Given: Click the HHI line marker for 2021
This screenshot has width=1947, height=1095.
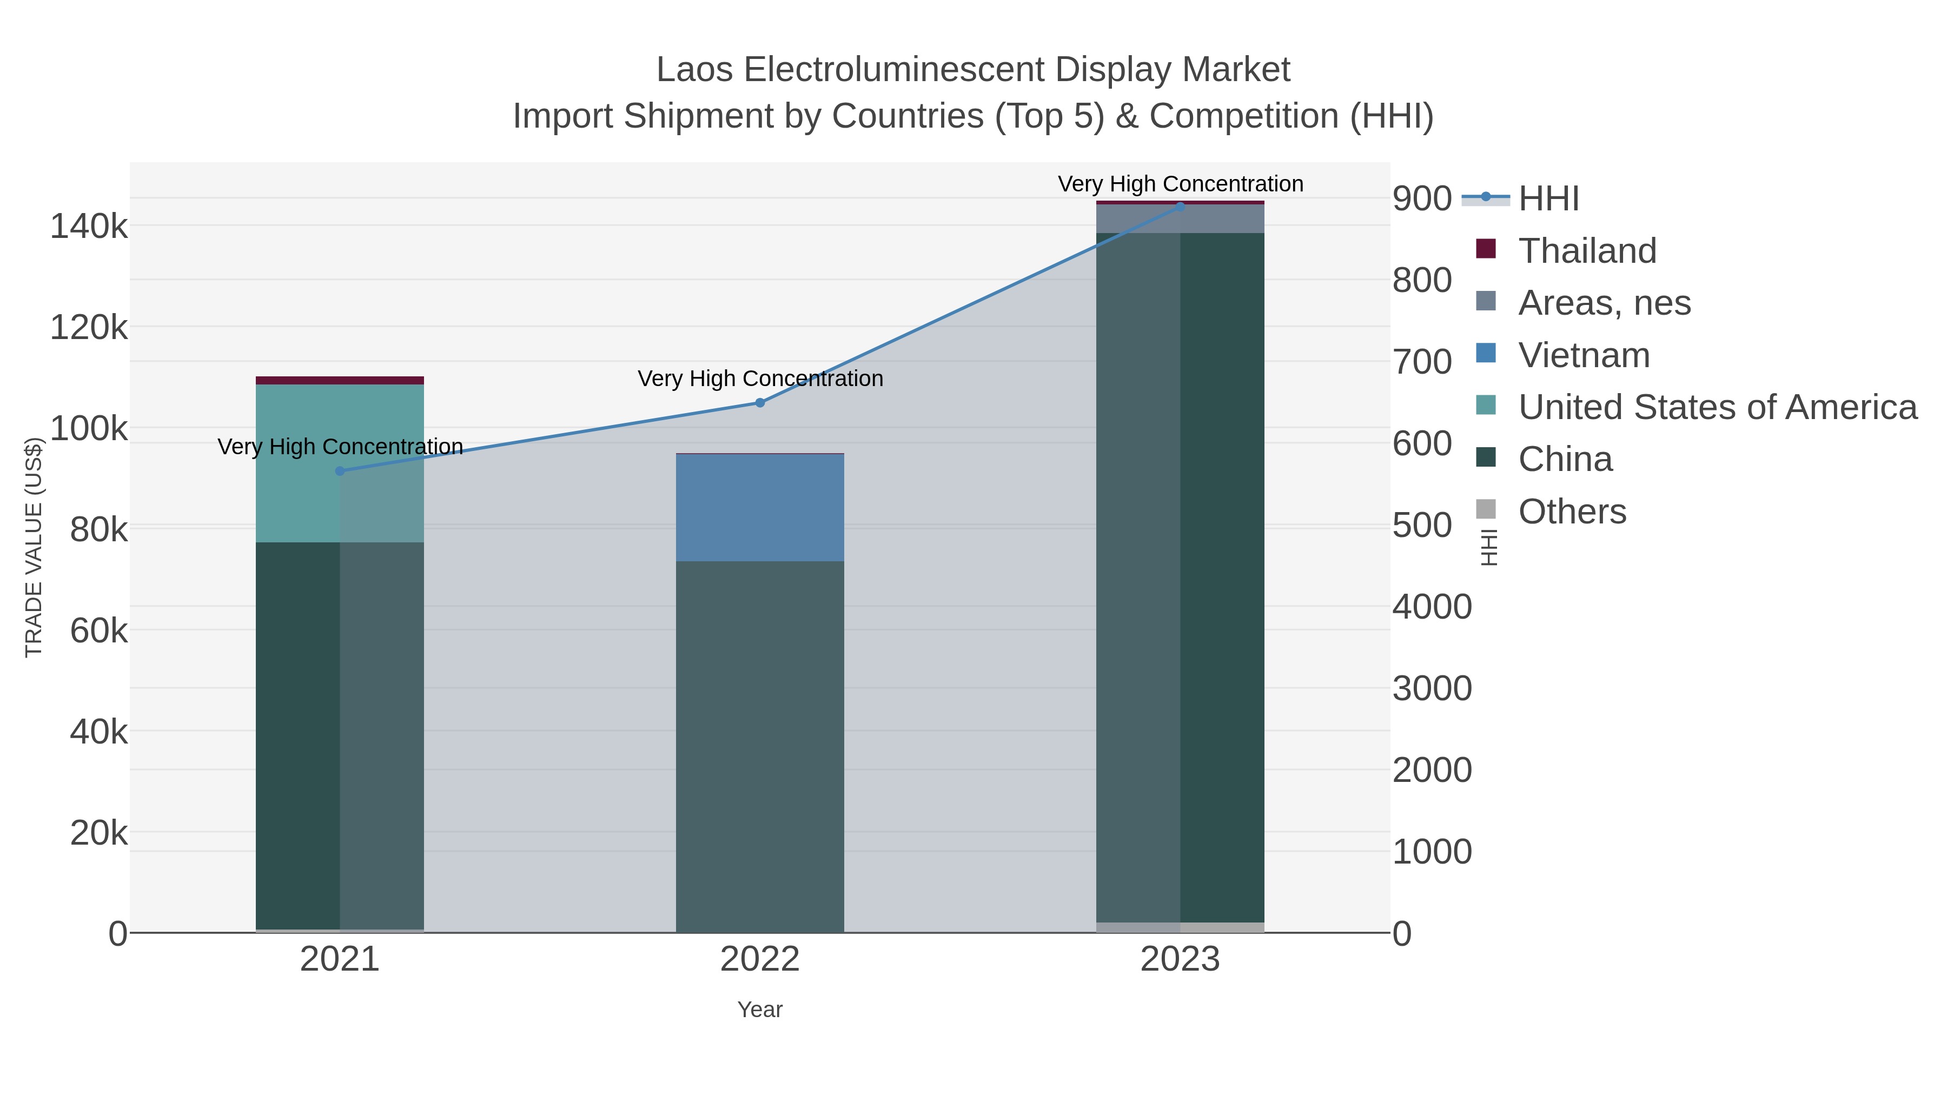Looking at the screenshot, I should tap(339, 471).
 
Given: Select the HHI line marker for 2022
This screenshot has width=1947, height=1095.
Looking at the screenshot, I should tap(760, 403).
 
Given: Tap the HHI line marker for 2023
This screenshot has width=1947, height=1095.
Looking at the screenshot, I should tap(1180, 207).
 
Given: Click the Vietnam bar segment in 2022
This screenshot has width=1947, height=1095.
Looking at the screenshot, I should tap(760, 507).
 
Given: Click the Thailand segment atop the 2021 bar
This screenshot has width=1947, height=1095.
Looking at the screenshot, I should tap(339, 380).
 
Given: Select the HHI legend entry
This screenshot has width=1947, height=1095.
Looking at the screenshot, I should tap(1548, 198).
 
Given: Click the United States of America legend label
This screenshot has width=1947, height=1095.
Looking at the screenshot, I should tap(1717, 407).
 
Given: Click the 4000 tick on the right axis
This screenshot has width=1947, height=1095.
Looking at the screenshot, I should tap(1432, 607).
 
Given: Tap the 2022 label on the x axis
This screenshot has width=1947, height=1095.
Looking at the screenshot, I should tap(760, 959).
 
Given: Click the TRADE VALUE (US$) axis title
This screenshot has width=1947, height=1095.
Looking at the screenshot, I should tap(34, 547).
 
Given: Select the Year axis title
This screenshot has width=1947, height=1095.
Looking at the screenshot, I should tap(760, 1009).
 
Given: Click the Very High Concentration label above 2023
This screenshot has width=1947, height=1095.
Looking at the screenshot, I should tap(1180, 184).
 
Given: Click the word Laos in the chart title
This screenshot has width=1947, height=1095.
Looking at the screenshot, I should tap(694, 70).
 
